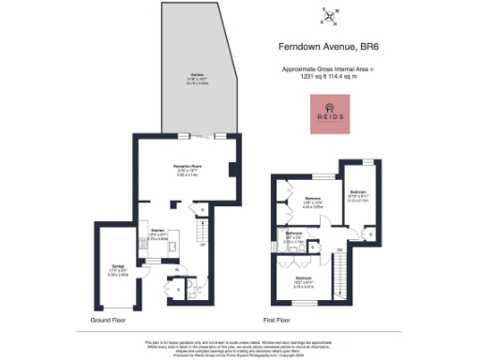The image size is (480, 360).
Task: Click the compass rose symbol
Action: [329, 13]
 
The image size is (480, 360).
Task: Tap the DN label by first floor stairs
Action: [340, 248]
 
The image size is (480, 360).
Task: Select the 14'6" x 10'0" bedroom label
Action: [312, 199]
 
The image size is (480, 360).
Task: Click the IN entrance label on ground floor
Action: [176, 270]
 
